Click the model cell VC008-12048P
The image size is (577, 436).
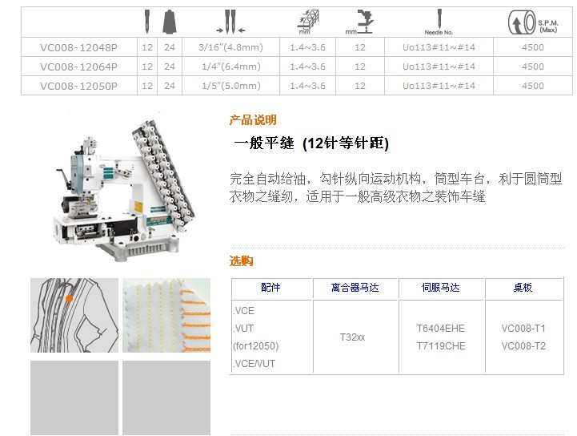(78, 47)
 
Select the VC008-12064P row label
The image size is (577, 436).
(78, 67)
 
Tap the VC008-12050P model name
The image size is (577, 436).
(78, 86)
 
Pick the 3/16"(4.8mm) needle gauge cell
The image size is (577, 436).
(230, 47)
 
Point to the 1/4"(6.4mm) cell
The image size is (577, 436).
(231, 67)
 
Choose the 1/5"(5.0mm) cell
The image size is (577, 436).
(231, 86)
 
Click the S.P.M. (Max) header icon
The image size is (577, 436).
(533, 22)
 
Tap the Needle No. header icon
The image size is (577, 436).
(439, 22)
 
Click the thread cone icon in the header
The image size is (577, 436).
(170, 22)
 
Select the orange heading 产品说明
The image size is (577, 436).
(253, 119)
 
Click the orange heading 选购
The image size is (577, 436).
(241, 261)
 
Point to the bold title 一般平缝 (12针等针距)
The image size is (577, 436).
(311, 143)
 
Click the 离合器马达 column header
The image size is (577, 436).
(355, 288)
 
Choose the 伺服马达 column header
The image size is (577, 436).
(440, 288)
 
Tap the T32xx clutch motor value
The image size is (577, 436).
(353, 337)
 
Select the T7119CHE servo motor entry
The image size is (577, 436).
(441, 346)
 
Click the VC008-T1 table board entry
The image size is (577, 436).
(523, 329)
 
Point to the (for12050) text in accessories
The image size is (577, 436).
(256, 346)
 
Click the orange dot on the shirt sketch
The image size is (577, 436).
(69, 298)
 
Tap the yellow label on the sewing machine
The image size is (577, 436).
(138, 207)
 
